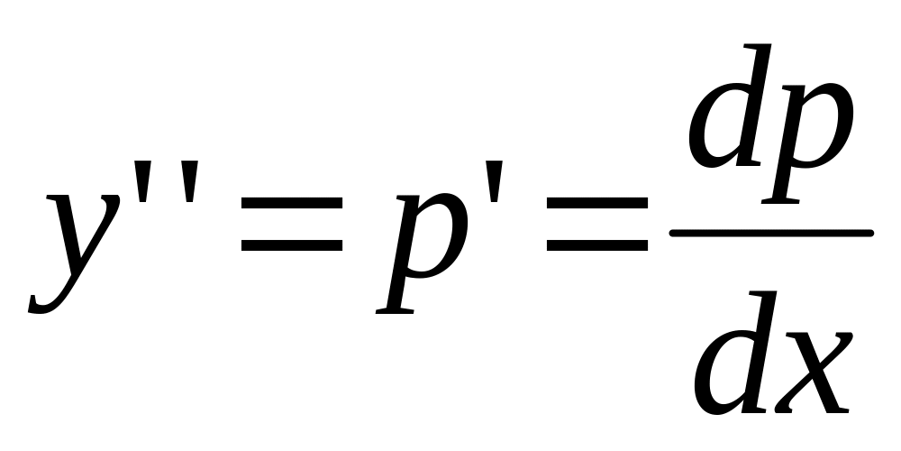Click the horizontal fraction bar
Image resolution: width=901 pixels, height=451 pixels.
pos(771,234)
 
